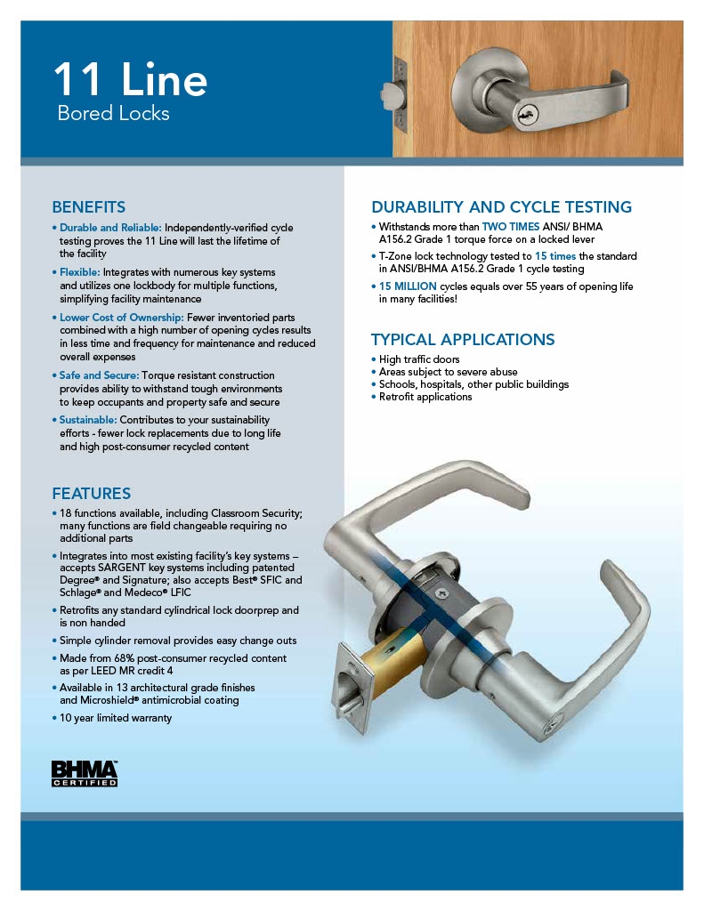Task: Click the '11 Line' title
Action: click(130, 80)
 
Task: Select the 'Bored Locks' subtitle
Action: click(113, 114)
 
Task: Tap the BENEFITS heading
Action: click(88, 207)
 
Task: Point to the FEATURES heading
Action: click(91, 493)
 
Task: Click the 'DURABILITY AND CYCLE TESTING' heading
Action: click(501, 207)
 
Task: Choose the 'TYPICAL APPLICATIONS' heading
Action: click(462, 339)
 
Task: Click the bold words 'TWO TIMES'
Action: click(510, 227)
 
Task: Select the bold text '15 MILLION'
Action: click(408, 286)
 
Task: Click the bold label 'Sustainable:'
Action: click(88, 419)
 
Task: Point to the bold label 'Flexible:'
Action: click(80, 271)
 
